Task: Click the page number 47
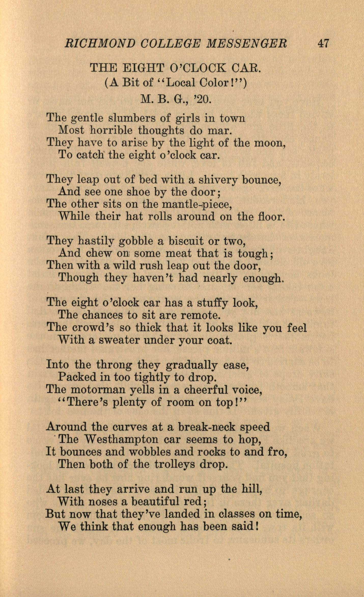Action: point(323,44)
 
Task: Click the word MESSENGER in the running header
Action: point(246,44)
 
